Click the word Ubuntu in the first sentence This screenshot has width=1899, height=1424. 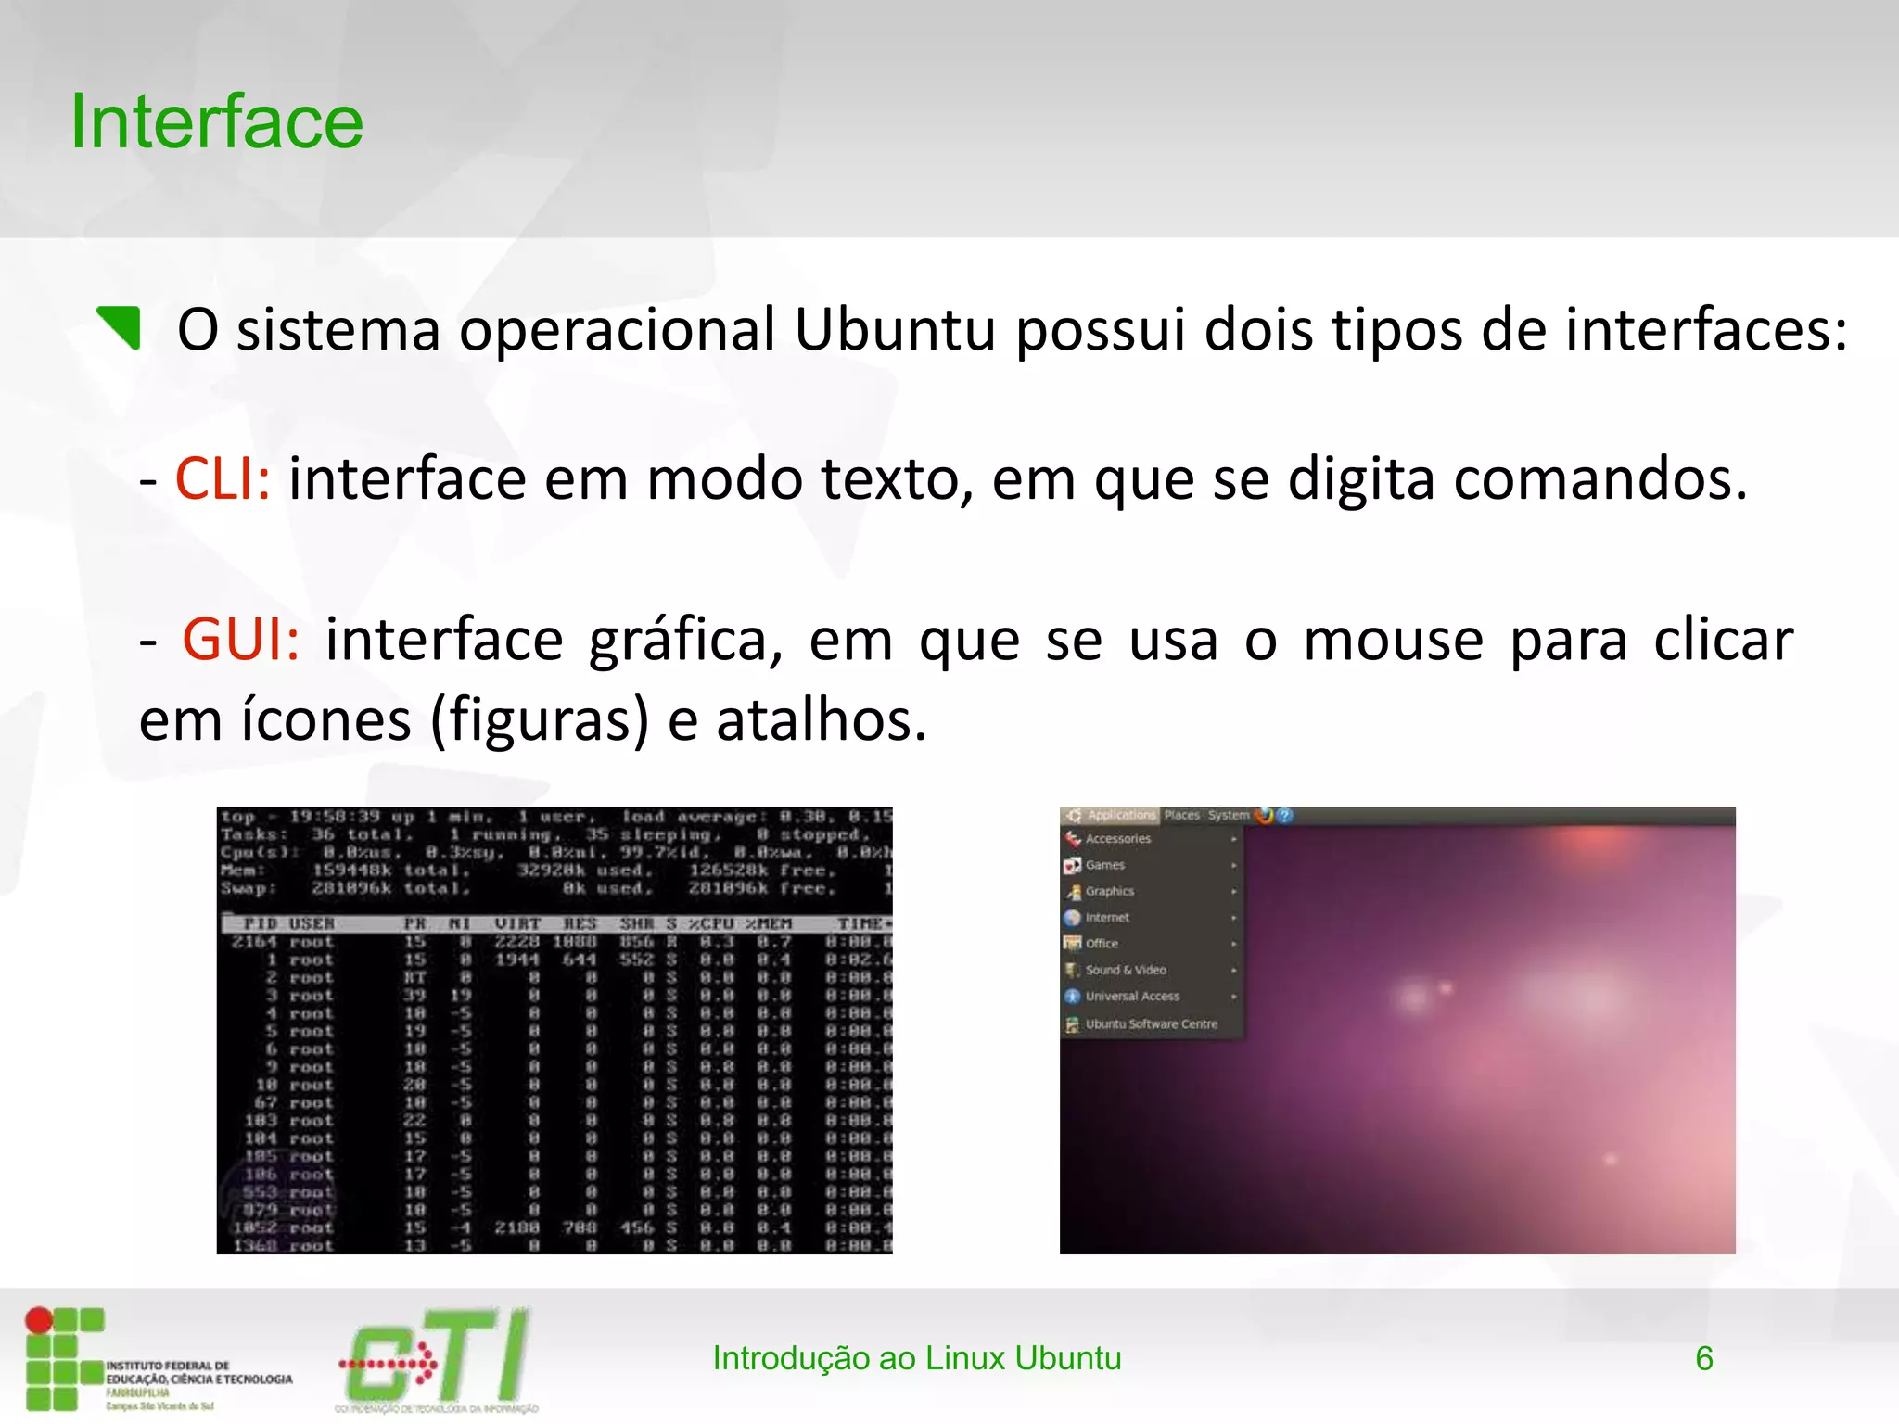(x=895, y=329)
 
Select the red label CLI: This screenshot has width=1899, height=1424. (x=223, y=479)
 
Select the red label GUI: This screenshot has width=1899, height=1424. (x=241, y=640)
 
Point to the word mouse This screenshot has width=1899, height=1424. (x=1393, y=640)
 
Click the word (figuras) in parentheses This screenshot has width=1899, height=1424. (x=540, y=720)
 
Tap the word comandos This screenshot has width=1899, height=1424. (x=1599, y=479)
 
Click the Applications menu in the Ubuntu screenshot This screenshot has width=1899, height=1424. (x=1120, y=816)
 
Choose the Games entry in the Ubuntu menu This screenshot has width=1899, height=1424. (x=1104, y=865)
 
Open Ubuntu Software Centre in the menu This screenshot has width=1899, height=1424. (x=1151, y=1024)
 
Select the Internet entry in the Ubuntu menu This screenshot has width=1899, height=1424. (x=1107, y=918)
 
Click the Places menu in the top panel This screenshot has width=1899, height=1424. (x=1181, y=816)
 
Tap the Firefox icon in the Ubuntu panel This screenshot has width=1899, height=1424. (x=1264, y=816)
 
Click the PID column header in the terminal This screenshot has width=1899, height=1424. (x=261, y=924)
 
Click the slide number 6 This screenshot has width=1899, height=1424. (x=1703, y=1359)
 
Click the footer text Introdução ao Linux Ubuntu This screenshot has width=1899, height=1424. (x=916, y=1359)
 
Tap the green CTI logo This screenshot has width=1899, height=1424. (x=436, y=1357)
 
